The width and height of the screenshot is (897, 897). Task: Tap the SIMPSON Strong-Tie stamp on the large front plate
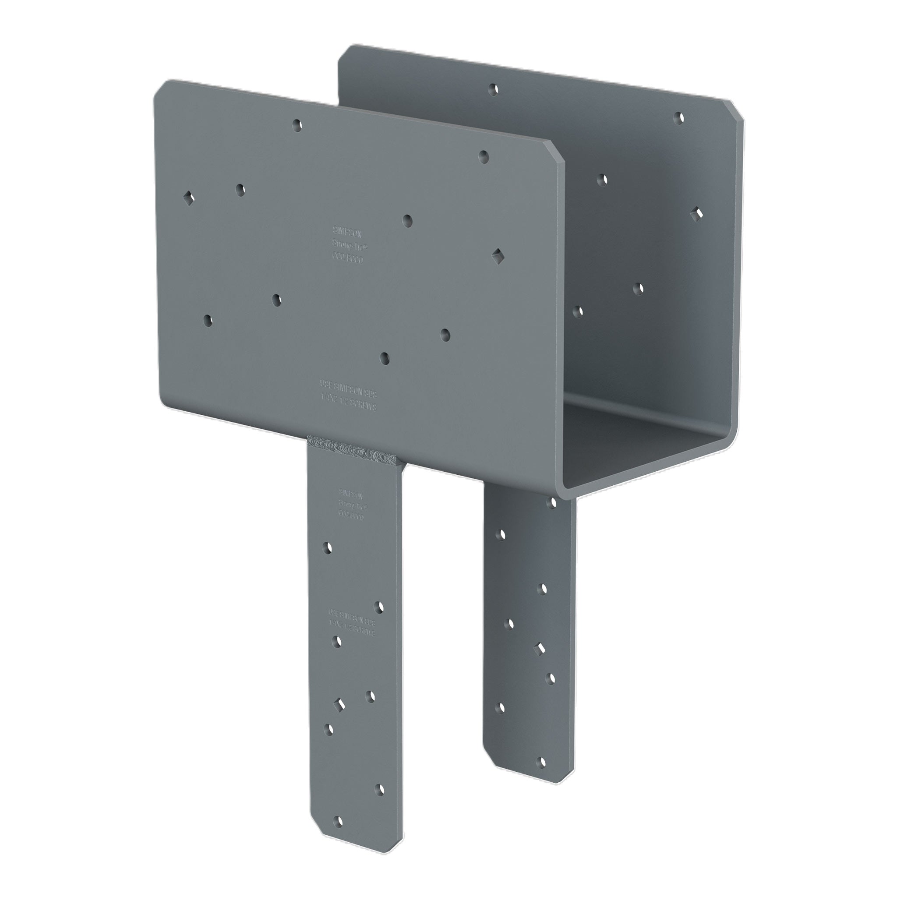click(x=348, y=244)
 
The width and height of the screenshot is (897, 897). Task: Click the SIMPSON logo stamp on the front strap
click(x=351, y=503)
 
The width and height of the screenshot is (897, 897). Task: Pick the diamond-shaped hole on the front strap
click(x=340, y=718)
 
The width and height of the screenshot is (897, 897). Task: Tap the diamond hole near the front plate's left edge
click(x=188, y=198)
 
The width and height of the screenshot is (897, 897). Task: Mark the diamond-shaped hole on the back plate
click(x=697, y=214)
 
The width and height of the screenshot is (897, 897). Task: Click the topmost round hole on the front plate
click(x=297, y=124)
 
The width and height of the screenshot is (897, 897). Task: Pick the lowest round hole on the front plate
click(x=385, y=358)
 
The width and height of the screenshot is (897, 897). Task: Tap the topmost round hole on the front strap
click(x=327, y=548)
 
